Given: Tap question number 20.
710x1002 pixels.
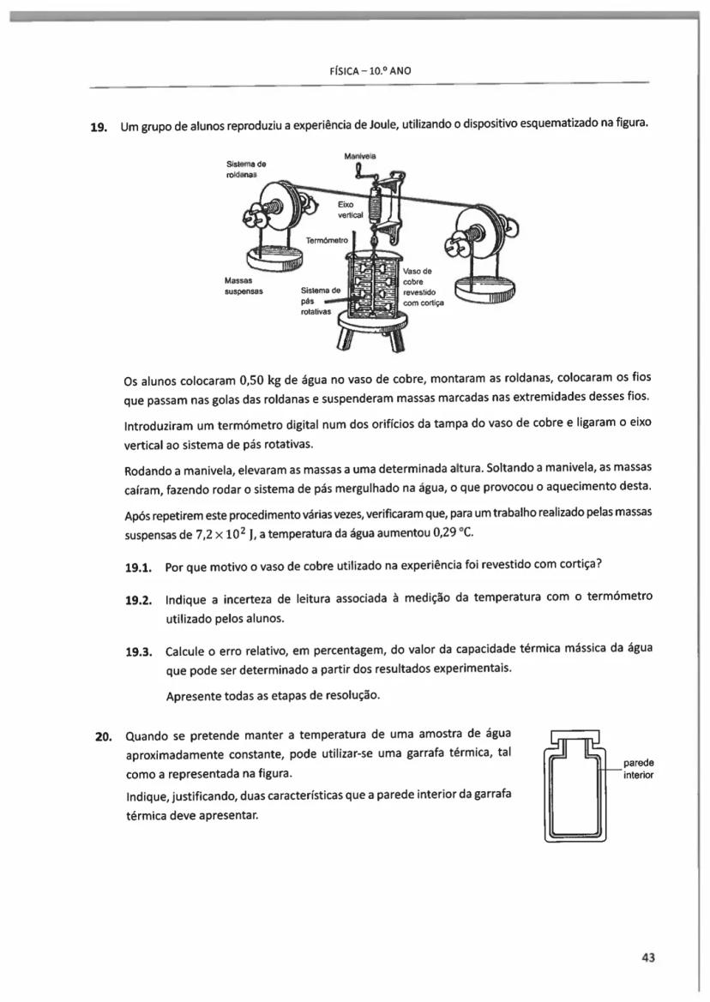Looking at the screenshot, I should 103,735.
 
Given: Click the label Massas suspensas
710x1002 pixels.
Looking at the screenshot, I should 244,286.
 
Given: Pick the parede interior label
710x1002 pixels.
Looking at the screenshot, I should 638,768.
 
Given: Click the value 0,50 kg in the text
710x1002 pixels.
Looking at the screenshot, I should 255,380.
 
